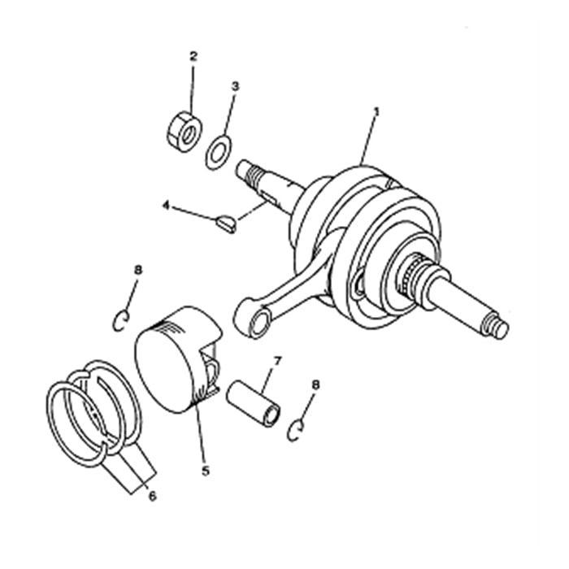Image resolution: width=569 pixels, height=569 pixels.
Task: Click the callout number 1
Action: click(376, 111)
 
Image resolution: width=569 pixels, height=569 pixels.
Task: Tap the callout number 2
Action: click(193, 56)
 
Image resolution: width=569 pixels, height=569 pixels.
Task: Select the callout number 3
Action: click(235, 85)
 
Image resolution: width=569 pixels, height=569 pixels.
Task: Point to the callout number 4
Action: click(166, 206)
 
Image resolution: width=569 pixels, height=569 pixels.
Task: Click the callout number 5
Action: click(205, 470)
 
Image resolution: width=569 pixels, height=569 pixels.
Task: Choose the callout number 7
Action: click(276, 360)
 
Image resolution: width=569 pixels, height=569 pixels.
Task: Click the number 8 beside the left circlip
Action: click(138, 269)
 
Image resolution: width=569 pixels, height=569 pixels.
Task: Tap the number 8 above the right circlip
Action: click(316, 384)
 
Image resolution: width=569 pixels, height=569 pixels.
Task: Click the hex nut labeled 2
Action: click(185, 131)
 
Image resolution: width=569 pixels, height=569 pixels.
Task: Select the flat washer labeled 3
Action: click(219, 152)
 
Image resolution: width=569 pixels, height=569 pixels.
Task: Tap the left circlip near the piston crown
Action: click(120, 321)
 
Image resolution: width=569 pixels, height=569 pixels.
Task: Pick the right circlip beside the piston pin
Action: click(297, 430)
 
